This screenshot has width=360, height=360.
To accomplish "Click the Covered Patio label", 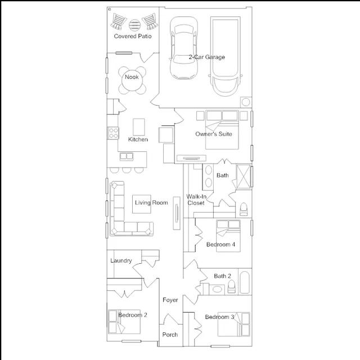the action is (x=133, y=36).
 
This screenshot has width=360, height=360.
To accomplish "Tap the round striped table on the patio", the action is (x=134, y=25).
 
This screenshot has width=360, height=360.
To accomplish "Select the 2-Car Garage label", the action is (x=206, y=57).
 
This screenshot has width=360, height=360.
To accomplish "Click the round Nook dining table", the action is (x=132, y=80).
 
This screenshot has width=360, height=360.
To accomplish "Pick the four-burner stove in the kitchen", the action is (x=113, y=133).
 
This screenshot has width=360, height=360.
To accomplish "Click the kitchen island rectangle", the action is (x=139, y=127).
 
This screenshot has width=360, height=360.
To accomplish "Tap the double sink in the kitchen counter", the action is (x=127, y=156).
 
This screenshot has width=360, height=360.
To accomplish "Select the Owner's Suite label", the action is (x=214, y=134).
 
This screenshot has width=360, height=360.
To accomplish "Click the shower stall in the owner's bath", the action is (x=244, y=177).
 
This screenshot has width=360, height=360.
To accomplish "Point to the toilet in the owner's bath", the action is (x=244, y=209).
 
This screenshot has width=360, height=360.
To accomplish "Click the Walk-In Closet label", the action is (x=196, y=200).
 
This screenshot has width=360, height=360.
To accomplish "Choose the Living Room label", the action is (x=151, y=202).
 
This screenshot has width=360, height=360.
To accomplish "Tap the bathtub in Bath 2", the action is (x=245, y=282).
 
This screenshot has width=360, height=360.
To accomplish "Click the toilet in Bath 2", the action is (x=231, y=286).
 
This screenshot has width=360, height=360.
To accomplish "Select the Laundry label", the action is (x=121, y=260).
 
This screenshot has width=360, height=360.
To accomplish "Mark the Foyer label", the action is (x=170, y=300).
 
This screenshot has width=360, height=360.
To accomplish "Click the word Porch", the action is (x=170, y=335).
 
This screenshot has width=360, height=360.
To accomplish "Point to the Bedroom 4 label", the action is (x=220, y=245).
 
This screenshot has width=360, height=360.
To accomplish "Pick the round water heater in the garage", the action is (x=246, y=102).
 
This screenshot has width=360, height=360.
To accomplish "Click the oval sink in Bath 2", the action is (x=217, y=289).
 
